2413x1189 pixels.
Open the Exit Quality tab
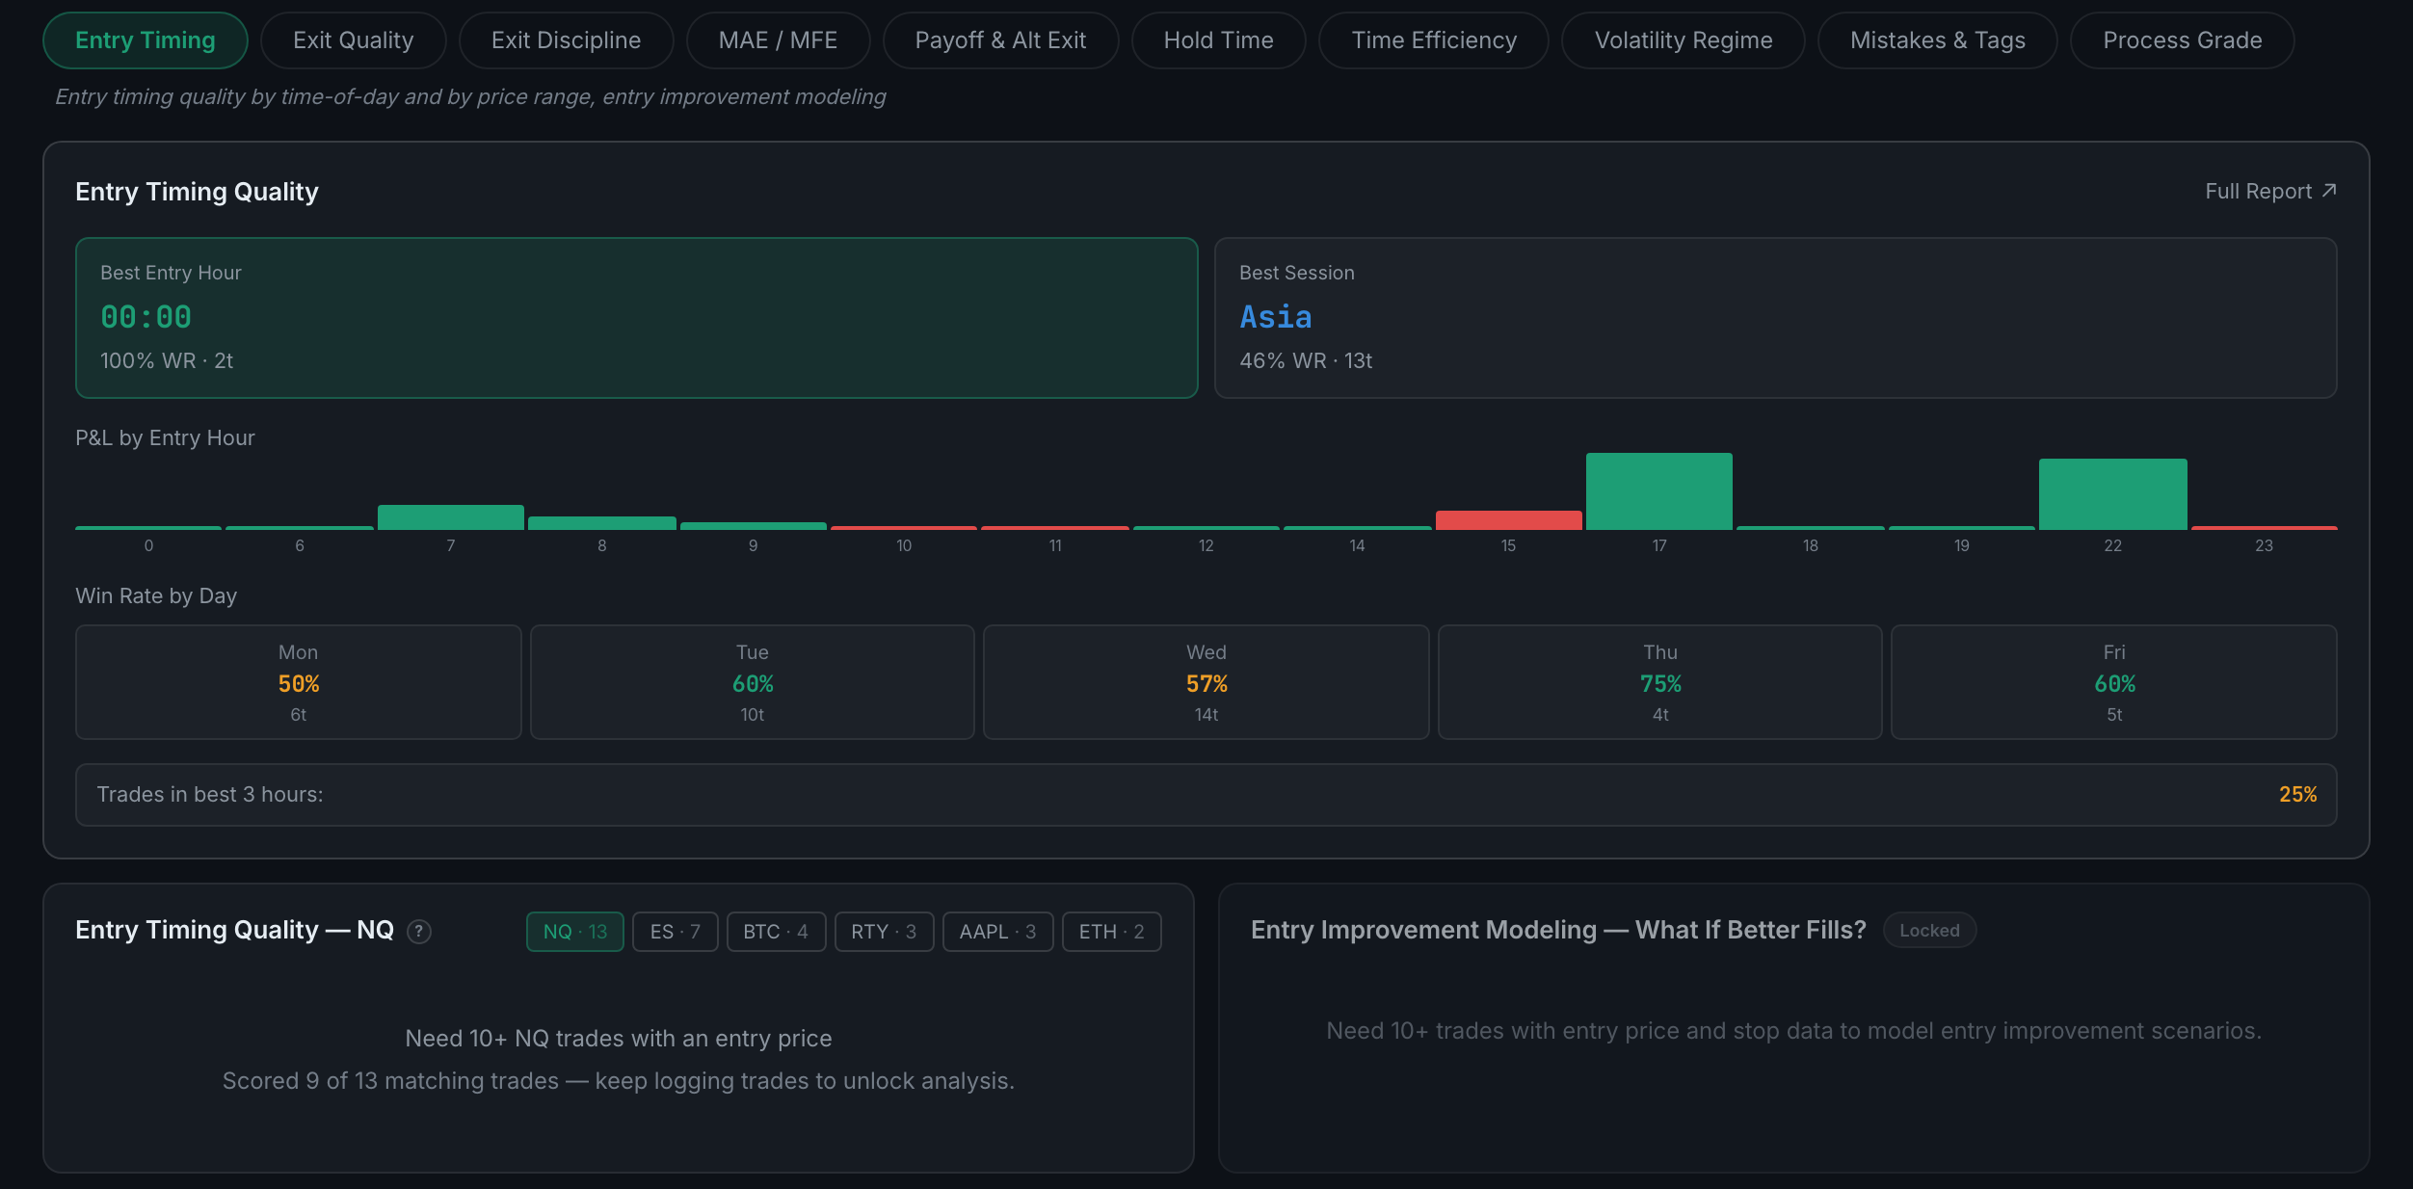coord(353,40)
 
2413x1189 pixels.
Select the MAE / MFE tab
coord(778,40)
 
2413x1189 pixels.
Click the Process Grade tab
coord(2182,40)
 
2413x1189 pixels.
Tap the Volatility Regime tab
coord(1683,40)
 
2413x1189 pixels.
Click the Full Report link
coord(2270,192)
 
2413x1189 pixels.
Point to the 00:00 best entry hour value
coord(146,317)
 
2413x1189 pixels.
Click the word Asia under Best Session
coord(1275,317)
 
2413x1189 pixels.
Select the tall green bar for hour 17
coord(1658,491)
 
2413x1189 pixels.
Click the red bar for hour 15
coord(1508,520)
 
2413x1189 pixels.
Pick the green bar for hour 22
coord(2112,494)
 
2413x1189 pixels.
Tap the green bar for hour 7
coord(450,517)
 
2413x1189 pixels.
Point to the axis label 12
coord(1206,545)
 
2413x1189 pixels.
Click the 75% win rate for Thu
coord(1660,684)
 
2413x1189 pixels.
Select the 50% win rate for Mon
coord(299,684)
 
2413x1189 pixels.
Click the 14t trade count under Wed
coord(1206,715)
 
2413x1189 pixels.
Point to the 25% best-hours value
coord(2297,795)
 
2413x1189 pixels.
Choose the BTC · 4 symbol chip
coord(776,932)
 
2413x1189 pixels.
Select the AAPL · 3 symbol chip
coord(997,932)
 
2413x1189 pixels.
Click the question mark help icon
coord(419,932)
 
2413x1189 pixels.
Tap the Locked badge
coord(1929,931)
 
